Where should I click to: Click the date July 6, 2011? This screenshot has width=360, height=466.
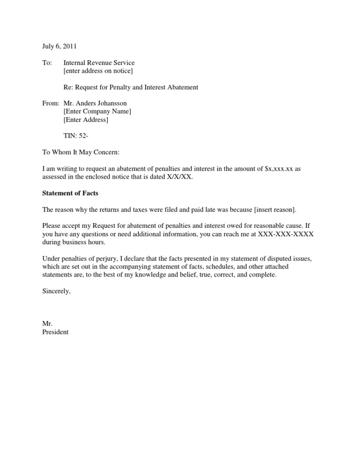click(x=60, y=46)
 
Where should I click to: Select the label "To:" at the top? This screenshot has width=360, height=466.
click(x=47, y=63)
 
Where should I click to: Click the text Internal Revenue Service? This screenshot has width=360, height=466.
click(x=99, y=63)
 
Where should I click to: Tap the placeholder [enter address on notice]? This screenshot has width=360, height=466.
click(x=98, y=71)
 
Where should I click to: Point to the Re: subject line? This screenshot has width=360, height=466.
click(x=130, y=87)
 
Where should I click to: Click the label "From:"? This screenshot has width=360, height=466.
click(x=51, y=103)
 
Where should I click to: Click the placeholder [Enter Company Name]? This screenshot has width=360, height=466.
click(x=97, y=112)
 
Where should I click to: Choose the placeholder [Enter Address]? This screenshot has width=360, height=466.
click(x=85, y=120)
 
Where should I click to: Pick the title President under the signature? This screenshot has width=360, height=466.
click(x=55, y=332)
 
